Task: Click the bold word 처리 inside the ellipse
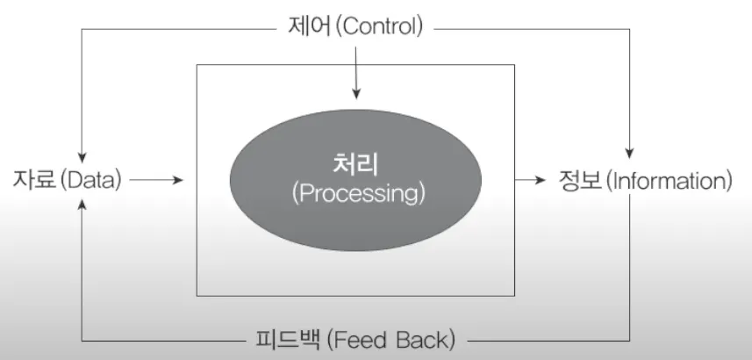(x=356, y=163)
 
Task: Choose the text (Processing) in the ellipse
(x=356, y=192)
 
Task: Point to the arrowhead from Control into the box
(x=355, y=92)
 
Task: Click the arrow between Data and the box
(x=159, y=180)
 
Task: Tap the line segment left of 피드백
(x=167, y=339)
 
